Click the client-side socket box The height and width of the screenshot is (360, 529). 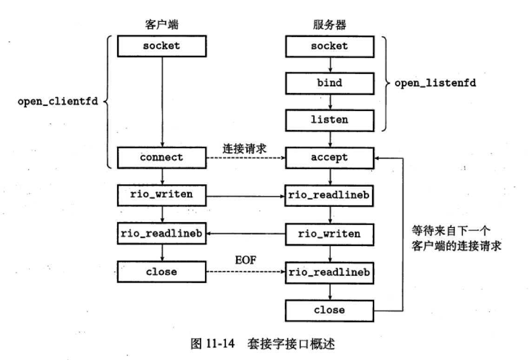pos(161,46)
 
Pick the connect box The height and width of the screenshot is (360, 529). pos(161,157)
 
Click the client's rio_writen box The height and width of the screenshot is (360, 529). pos(161,194)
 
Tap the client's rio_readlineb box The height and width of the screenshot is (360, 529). pos(161,234)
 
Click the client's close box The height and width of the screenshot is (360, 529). pos(161,271)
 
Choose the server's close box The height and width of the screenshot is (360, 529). pos(329,310)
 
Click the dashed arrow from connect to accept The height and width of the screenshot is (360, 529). pos(245,158)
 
